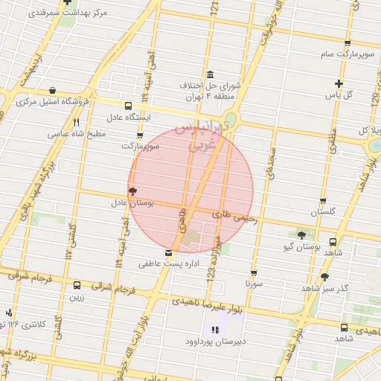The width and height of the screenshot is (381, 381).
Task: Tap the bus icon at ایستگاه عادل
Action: pyautogui.click(x=129, y=106)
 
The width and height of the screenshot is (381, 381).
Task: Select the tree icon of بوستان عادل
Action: pyautogui.click(x=133, y=191)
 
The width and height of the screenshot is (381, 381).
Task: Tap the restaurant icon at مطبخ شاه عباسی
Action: pyautogui.click(x=76, y=122)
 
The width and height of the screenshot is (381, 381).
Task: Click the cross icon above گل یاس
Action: pyautogui.click(x=339, y=83)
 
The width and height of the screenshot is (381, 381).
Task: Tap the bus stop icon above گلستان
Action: pyautogui.click(x=322, y=200)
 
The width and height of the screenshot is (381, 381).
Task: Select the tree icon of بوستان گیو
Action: pyautogui.click(x=301, y=234)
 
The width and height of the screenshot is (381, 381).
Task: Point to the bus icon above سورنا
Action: pyautogui.click(x=254, y=272)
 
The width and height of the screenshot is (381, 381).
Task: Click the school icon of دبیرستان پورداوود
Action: pyautogui.click(x=215, y=330)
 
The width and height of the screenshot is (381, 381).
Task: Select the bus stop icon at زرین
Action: pyautogui.click(x=77, y=285)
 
